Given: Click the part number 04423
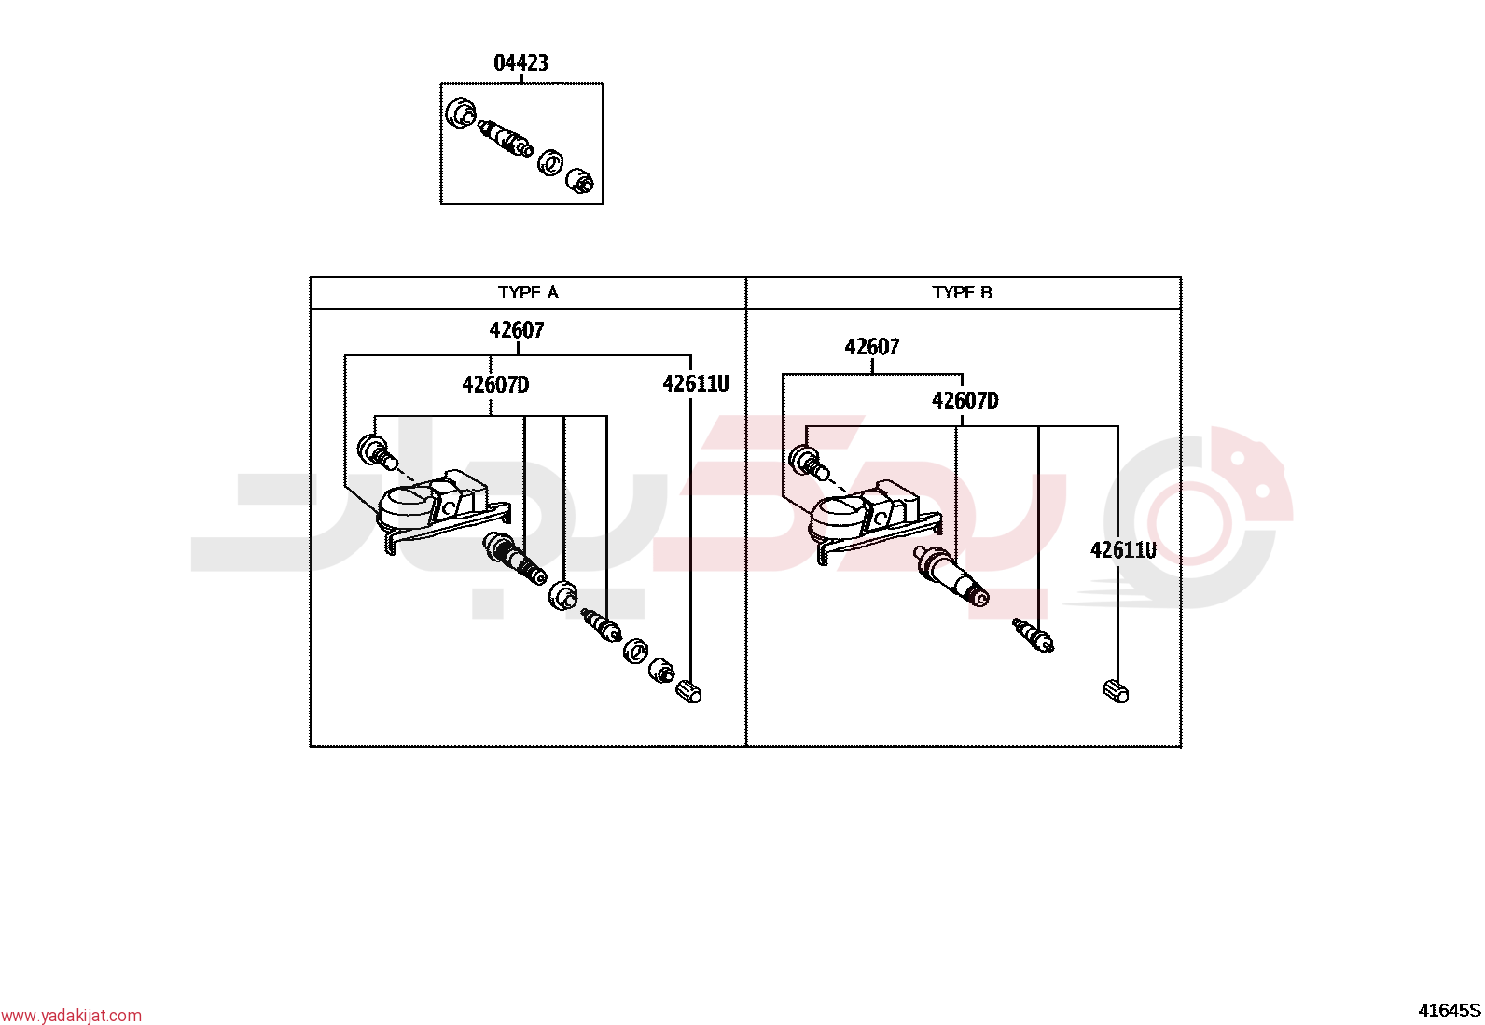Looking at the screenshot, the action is tap(521, 63).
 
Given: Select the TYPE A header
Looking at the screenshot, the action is tap(528, 292).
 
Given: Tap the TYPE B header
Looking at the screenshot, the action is tap(962, 292).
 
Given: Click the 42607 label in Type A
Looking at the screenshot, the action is tap(517, 330).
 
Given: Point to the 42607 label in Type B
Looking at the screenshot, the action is tap(872, 347).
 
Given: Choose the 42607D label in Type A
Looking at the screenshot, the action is tap(496, 384).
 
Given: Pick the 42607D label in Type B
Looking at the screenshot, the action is tap(965, 400).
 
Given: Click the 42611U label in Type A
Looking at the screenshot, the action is tap(696, 384).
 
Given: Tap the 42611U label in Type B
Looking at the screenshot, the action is tap(1124, 550).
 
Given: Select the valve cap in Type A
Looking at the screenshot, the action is tap(688, 691).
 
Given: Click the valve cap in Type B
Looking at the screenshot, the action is tap(1116, 691).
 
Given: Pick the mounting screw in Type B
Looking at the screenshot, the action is tap(808, 462).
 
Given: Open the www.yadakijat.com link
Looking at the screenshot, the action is tap(71, 1016).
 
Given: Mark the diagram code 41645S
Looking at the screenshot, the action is tap(1450, 1010).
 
